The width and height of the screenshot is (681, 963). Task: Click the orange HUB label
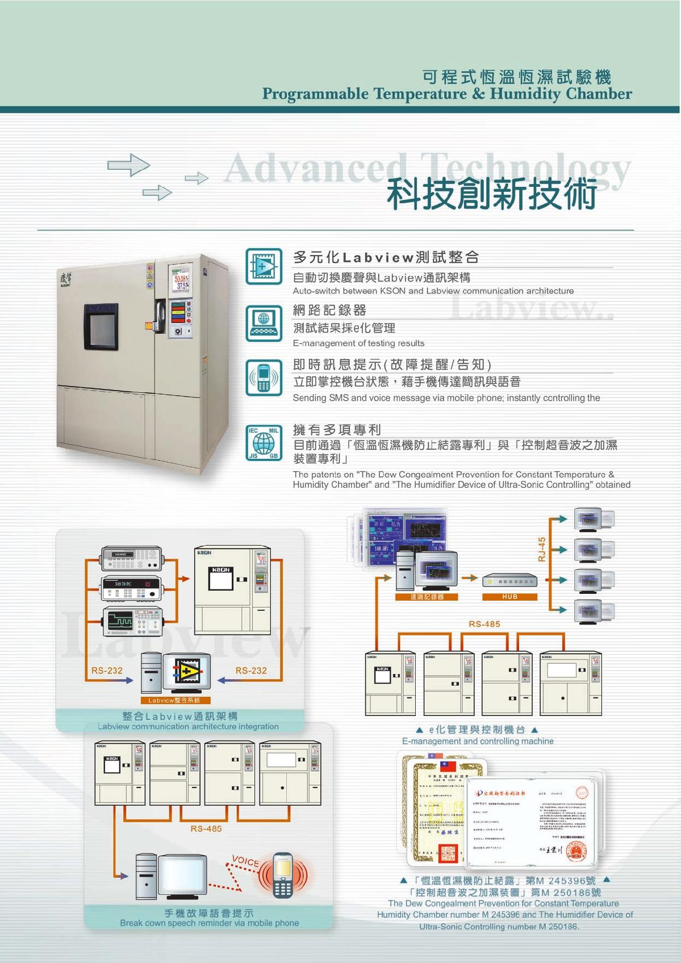coord(509,597)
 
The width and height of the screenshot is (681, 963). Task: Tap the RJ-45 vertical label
coord(542,549)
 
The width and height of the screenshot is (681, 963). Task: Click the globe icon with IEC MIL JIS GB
coord(264,443)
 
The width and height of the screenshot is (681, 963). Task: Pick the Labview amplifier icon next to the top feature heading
coord(264,266)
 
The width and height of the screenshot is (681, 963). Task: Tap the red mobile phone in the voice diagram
coord(282,874)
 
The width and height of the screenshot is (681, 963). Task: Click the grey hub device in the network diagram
coord(509,581)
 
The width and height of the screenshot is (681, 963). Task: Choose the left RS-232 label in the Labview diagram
coord(107,671)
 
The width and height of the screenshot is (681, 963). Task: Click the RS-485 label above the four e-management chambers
coord(484,624)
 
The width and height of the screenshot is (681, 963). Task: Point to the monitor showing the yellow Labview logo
coord(187,673)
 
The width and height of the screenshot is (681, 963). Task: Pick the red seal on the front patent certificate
coord(582,794)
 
